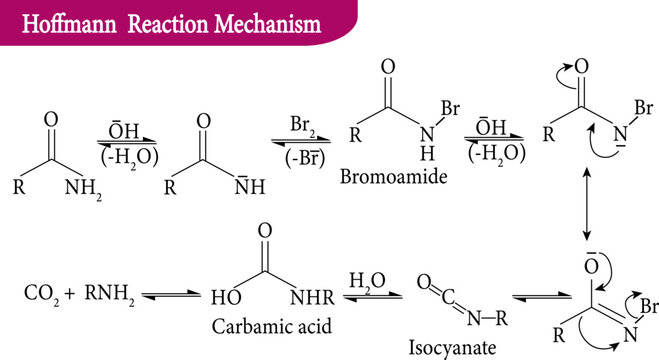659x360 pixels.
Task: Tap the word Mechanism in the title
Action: click(x=263, y=21)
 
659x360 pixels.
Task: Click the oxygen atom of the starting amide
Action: click(x=52, y=122)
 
